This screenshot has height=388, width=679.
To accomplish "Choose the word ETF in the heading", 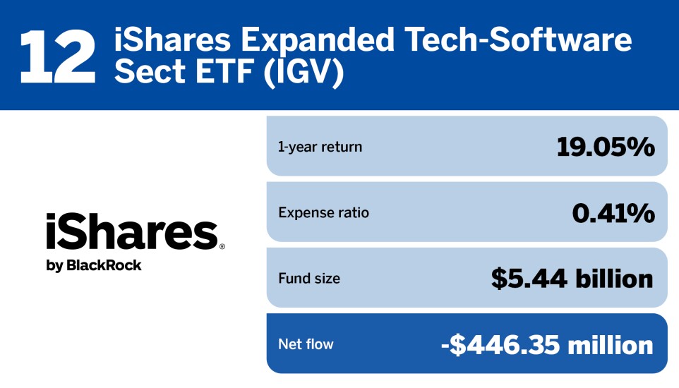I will coord(212,73).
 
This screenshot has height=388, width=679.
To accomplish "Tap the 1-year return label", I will coord(320,147).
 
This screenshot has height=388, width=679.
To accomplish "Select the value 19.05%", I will coord(606,147).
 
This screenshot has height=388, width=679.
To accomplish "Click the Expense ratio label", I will coord(323,212).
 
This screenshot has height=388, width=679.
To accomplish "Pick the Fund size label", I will coord(309,279).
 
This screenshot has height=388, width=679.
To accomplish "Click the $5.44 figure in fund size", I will coord(528,279).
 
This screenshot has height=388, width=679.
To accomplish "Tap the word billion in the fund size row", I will coord(613,279).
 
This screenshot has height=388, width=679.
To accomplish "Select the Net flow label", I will coord(306,344).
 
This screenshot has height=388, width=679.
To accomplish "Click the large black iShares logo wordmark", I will coord(131,232).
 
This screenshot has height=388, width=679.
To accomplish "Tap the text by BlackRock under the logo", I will coord(94,266).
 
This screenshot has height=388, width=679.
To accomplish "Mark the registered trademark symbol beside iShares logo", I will coord(222,247).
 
